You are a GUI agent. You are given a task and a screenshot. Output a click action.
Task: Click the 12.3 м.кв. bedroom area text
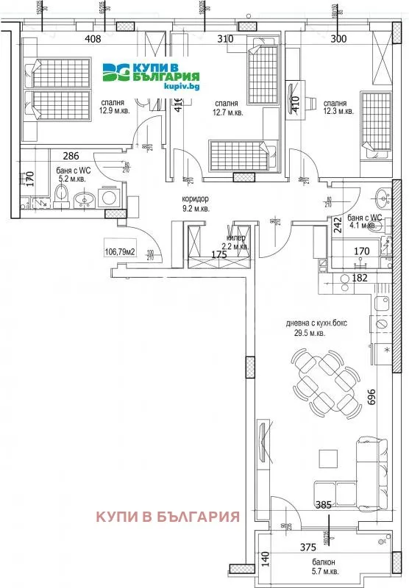tap(338, 111)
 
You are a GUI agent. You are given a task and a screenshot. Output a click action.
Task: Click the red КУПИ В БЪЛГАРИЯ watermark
tap(168, 516)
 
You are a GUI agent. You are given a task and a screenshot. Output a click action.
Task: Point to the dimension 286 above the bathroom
tap(71, 155)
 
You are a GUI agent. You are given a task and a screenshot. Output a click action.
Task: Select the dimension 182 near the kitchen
tap(360, 278)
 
